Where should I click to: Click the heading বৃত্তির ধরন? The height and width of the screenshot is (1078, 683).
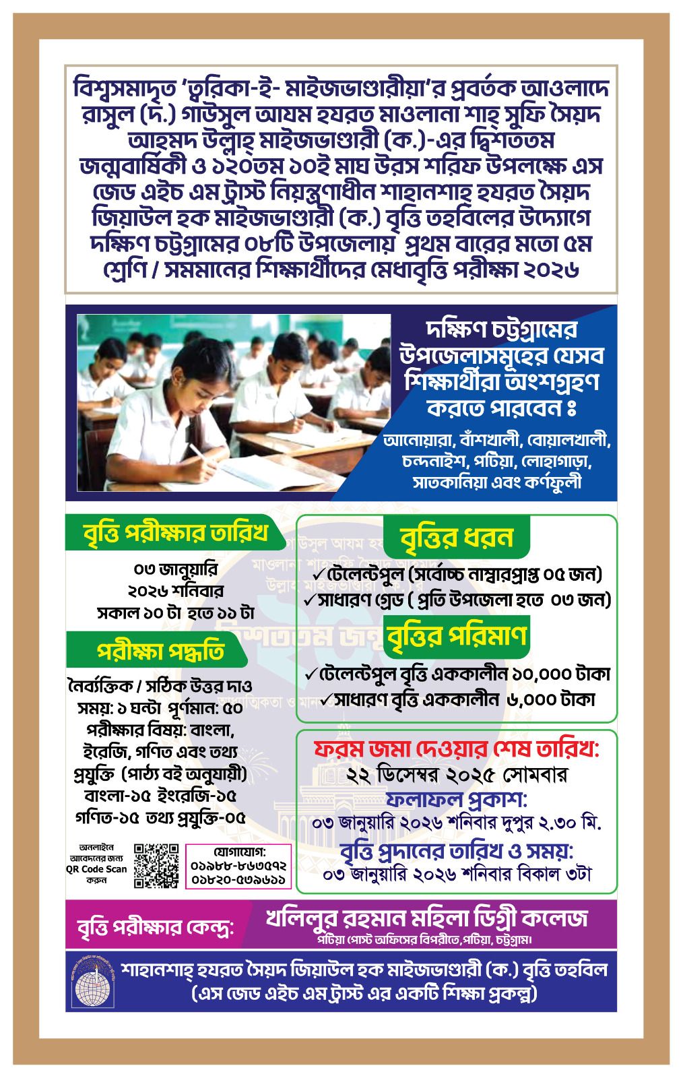[457, 538]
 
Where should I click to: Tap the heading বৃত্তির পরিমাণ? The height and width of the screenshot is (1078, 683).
[457, 636]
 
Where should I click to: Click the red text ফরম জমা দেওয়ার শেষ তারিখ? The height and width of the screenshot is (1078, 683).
[457, 749]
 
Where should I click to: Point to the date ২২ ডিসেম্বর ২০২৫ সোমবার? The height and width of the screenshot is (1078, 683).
[457, 775]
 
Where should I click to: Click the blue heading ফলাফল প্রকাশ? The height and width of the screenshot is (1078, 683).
[457, 800]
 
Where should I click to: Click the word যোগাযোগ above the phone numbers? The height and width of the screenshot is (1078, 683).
[238, 850]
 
